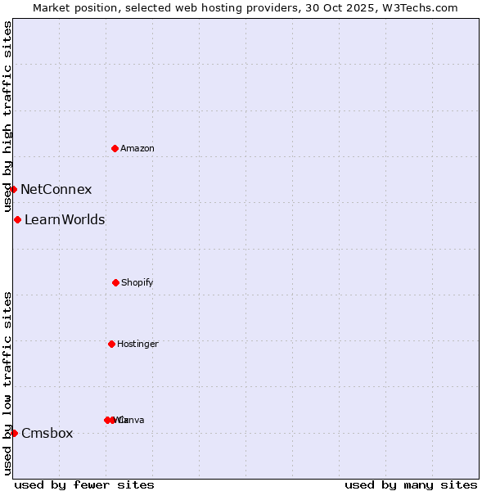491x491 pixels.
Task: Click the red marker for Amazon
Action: pyautogui.click(x=115, y=148)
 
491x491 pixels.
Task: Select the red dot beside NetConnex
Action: pyautogui.click(x=14, y=189)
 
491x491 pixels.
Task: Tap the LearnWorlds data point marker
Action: pyautogui.click(x=17, y=219)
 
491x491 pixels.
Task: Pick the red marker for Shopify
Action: pyautogui.click(x=115, y=282)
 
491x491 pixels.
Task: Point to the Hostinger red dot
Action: pyautogui.click(x=111, y=344)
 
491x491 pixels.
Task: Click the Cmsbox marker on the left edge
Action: pyautogui.click(x=14, y=433)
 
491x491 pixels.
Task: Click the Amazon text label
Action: pyautogui.click(x=137, y=149)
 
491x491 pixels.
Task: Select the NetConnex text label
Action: pyautogui.click(x=56, y=190)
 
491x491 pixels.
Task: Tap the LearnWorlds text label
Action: pyautogui.click(x=65, y=220)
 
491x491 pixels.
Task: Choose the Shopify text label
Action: pyautogui.click(x=137, y=283)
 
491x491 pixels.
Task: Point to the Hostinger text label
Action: pyautogui.click(x=137, y=345)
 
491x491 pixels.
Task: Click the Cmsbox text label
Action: pyautogui.click(x=47, y=434)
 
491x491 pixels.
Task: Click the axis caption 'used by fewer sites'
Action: pyautogui.click(x=84, y=484)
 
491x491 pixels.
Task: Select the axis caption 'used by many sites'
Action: pyautogui.click(x=411, y=484)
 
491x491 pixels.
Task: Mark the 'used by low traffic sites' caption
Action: pyautogui.click(x=7, y=383)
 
